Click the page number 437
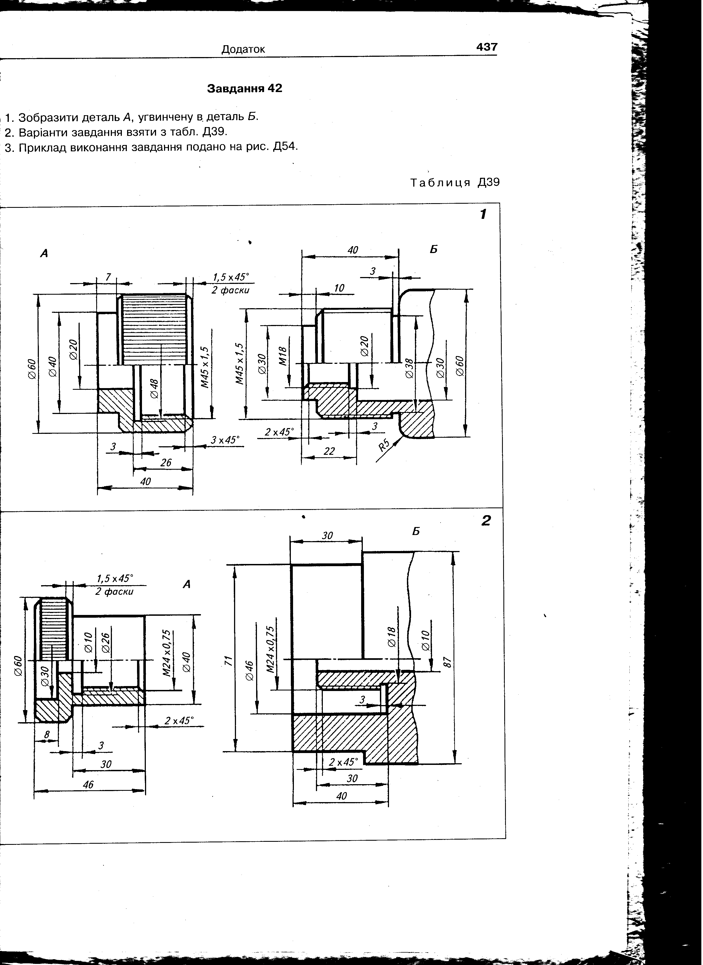(x=487, y=47)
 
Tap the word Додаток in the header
(x=243, y=49)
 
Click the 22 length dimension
(x=329, y=451)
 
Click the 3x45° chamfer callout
(x=225, y=440)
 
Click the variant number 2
(x=486, y=520)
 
